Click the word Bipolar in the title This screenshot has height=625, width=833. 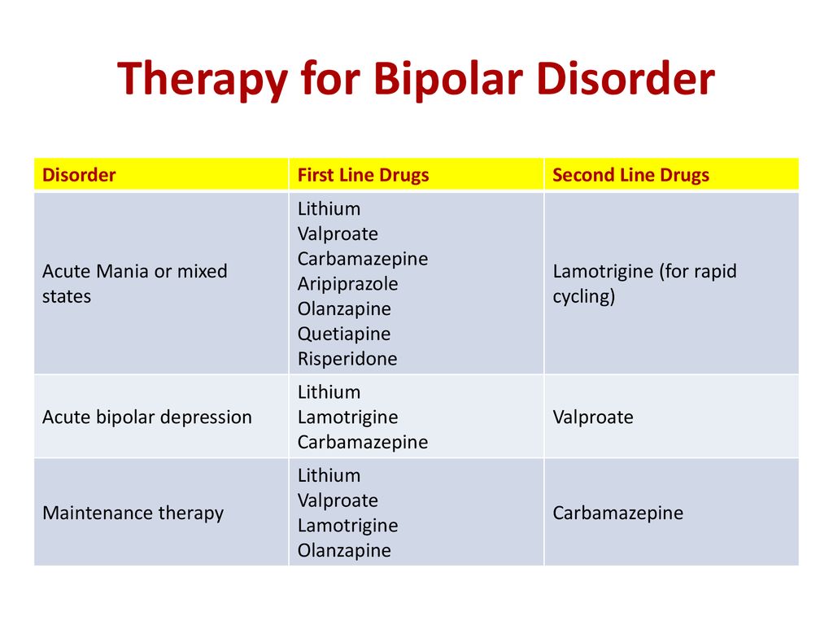coord(448,79)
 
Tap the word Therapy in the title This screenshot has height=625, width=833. coord(203,79)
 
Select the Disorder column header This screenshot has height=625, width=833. coord(79,175)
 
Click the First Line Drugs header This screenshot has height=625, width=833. coord(364,176)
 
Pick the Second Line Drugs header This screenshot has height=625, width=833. coord(630,176)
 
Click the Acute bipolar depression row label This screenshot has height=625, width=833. coord(147,417)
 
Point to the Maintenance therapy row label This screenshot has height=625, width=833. coord(133,513)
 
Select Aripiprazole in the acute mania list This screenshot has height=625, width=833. coord(347,284)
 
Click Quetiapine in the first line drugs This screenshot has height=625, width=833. coord(344,334)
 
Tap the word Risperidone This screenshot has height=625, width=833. coord(347,359)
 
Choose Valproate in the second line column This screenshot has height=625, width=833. coord(593,417)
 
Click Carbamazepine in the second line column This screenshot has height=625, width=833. coord(618,513)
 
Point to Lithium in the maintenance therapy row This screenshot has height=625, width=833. coord(329,475)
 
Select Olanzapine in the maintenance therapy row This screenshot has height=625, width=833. coord(344,551)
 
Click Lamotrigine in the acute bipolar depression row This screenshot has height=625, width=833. coord(347,417)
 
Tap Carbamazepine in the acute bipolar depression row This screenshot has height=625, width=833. coord(363,442)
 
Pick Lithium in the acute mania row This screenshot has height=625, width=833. coord(329,208)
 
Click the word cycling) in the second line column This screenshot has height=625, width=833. coord(584,296)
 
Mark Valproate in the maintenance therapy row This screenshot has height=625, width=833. coord(338,500)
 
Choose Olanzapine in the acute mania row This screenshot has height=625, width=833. coord(344,308)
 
